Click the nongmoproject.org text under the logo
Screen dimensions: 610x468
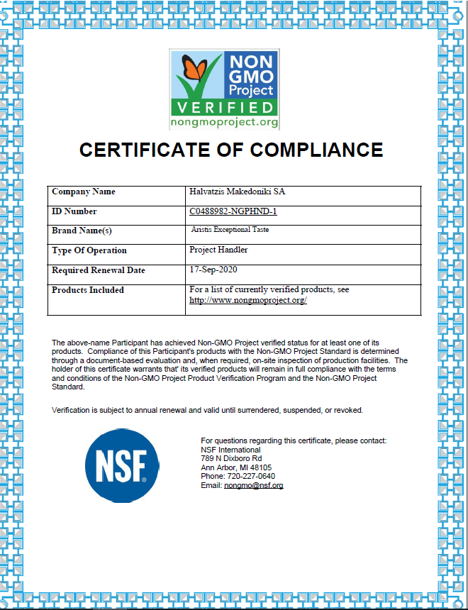(225, 123)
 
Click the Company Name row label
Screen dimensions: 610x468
(84, 192)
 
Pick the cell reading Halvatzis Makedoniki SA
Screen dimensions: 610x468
(238, 192)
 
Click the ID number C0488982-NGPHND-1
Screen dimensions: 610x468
(233, 211)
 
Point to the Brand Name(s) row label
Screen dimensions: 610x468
(82, 231)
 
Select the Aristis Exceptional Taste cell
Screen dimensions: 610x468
(230, 230)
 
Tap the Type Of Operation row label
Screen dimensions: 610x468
(89, 250)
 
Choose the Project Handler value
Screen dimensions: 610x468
(218, 250)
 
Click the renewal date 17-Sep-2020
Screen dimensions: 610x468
(213, 270)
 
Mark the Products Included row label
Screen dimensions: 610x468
(88, 289)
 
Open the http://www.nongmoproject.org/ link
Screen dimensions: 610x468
(247, 300)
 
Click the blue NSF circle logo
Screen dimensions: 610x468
(117, 465)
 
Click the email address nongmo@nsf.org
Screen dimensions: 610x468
(253, 486)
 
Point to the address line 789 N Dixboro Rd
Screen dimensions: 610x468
(231, 459)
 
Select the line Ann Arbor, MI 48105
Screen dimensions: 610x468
(236, 468)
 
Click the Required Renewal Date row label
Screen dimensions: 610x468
(99, 270)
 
